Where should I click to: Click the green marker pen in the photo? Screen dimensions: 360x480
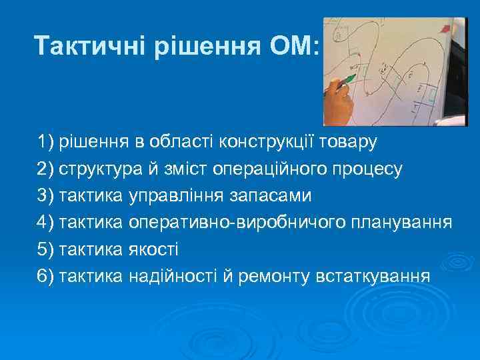(x=345, y=81)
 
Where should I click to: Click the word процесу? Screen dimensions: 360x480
(x=373, y=169)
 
